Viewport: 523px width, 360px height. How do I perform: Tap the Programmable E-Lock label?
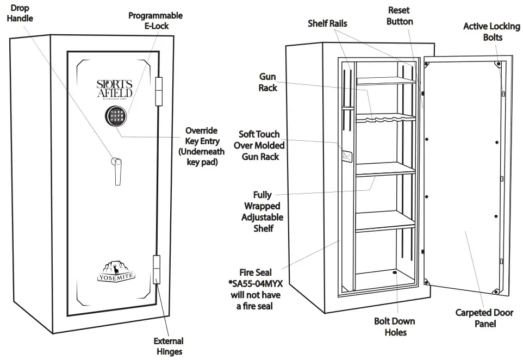tap(155, 20)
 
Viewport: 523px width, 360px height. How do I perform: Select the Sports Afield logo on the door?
tap(114, 89)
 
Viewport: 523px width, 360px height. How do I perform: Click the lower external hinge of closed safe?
tap(158, 269)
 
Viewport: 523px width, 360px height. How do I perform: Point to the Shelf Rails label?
tap(327, 23)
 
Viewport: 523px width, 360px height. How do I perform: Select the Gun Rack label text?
tap(268, 82)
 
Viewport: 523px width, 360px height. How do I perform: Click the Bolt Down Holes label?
tap(395, 326)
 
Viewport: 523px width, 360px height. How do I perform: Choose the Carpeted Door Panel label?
tap(480, 318)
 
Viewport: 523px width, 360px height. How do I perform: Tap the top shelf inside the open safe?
tap(385, 81)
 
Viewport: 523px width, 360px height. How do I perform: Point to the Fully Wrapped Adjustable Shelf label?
tap(263, 211)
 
